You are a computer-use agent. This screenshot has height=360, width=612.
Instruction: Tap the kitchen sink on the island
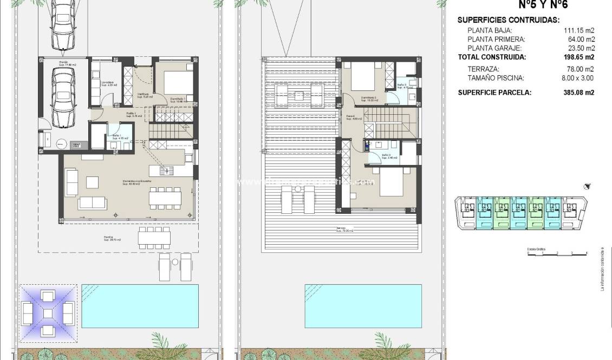[x=167, y=171]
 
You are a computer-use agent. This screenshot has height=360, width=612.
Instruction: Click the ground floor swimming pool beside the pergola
[x=140, y=306]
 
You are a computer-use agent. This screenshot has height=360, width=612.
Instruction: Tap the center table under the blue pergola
[x=47, y=312]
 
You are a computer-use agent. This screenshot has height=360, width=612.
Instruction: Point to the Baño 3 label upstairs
[x=402, y=86]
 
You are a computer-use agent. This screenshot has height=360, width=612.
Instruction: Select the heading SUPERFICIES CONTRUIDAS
[x=508, y=20]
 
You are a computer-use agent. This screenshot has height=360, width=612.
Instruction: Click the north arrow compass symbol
[x=587, y=187]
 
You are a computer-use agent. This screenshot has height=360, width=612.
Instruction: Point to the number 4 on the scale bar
[x=587, y=253]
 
